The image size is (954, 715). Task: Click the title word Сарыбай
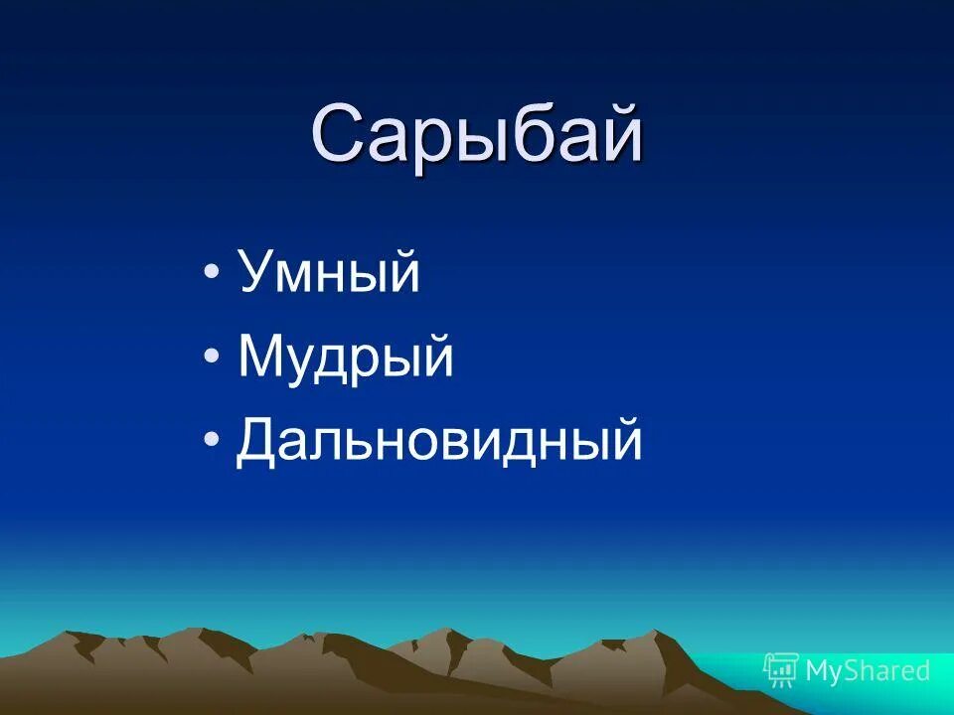tap(477, 136)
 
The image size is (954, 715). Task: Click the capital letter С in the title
tap(339, 136)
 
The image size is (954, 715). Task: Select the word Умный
tap(329, 274)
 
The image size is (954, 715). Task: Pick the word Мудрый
tap(346, 358)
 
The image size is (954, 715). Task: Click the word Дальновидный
tap(439, 442)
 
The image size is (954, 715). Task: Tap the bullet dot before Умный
tap(212, 274)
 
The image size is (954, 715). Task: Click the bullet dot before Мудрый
tap(212, 357)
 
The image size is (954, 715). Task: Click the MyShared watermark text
tap(867, 671)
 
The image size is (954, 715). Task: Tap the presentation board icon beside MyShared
tap(781, 670)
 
